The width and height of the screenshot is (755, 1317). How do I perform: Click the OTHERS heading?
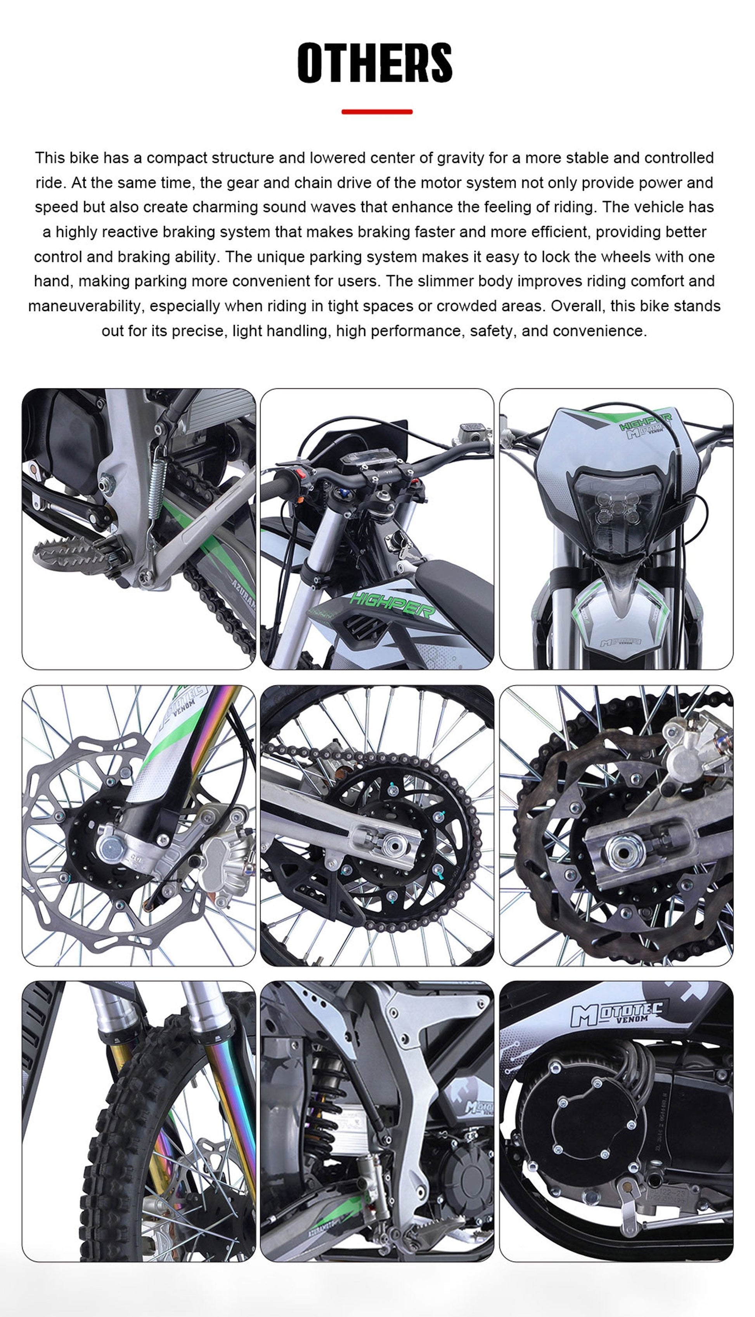(375, 63)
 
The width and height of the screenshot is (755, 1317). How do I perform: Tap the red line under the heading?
(377, 111)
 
